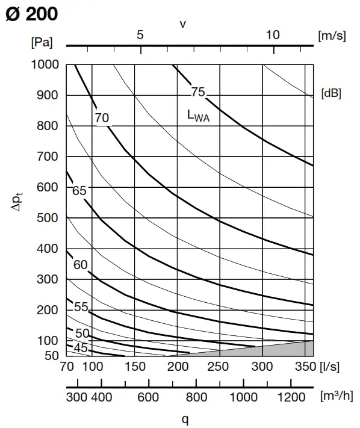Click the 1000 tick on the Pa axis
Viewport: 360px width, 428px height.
pos(45,64)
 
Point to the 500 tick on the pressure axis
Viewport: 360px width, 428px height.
pos(48,218)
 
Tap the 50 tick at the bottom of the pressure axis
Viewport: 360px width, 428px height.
pos(51,356)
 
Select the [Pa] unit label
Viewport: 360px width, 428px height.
pos(41,42)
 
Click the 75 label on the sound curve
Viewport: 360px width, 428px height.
pos(198,92)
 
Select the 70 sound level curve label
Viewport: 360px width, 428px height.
pos(102,118)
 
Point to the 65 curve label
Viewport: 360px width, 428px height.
pos(79,191)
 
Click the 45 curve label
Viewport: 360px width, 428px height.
pos(81,349)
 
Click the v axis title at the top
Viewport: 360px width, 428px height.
pos(182,23)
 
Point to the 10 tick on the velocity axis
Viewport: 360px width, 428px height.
pos(273,35)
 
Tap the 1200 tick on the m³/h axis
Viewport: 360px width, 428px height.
pos(291,397)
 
